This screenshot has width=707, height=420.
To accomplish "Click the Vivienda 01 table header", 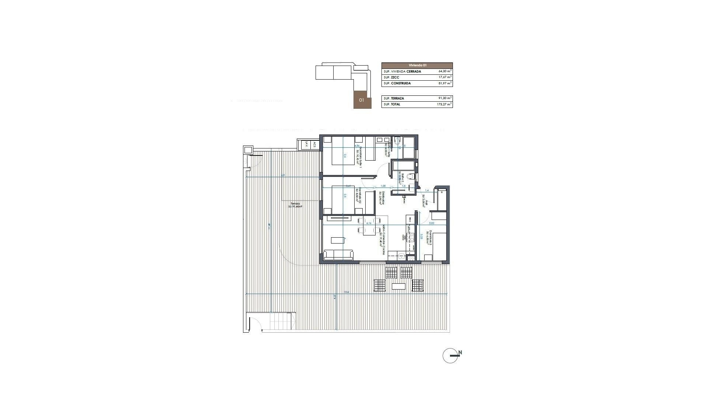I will click(x=417, y=65).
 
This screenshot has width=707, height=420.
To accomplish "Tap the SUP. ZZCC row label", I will click(x=391, y=77).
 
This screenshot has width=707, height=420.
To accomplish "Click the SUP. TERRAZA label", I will click(x=394, y=98).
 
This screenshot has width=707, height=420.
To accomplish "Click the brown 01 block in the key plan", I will click(x=362, y=100).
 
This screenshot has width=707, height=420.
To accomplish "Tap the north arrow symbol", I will click(x=451, y=355).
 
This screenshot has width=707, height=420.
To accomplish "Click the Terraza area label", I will click(x=295, y=205).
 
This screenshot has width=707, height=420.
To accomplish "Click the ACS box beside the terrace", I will click(x=314, y=145).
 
